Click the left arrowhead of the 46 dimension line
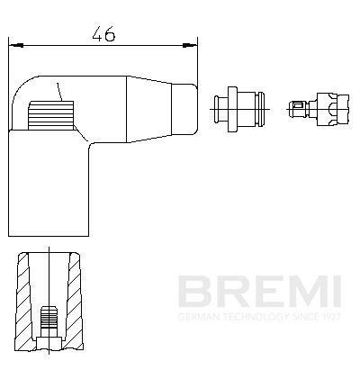click(x=13, y=42)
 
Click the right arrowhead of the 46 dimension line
click(x=192, y=42)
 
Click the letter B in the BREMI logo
click(x=193, y=293)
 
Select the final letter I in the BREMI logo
click(x=336, y=293)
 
